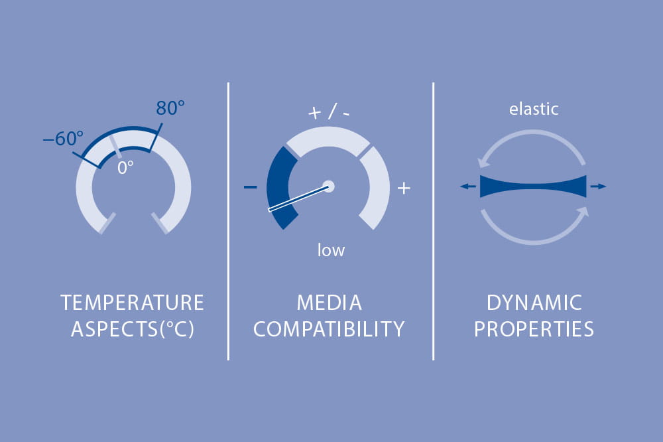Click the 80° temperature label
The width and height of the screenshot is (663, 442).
point(170,108)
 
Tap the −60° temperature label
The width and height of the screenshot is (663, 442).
point(63,139)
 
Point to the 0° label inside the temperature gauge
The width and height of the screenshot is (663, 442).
point(125,168)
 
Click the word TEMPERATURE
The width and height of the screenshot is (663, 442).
point(133,303)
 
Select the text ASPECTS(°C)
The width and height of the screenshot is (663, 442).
point(133,329)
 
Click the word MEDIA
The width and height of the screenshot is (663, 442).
point(330,303)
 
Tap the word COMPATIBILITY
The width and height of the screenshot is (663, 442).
point(329,329)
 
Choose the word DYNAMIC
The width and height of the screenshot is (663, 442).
point(534,303)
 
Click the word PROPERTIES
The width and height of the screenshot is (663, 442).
point(534,329)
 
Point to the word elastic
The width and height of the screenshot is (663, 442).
point(534,110)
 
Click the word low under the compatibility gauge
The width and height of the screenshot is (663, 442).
point(331,250)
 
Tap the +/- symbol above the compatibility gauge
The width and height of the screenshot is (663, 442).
point(329,111)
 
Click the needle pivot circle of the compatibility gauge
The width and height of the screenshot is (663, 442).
point(329,186)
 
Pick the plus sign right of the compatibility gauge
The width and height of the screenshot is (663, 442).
point(404,188)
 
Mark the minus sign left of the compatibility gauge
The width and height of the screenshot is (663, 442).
point(251,186)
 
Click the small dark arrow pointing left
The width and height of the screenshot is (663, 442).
point(468,186)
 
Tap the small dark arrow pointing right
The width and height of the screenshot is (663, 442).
point(598,186)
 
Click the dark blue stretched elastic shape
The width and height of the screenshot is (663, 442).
point(533,186)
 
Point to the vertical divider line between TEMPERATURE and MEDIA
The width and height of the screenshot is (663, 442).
point(228,222)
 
